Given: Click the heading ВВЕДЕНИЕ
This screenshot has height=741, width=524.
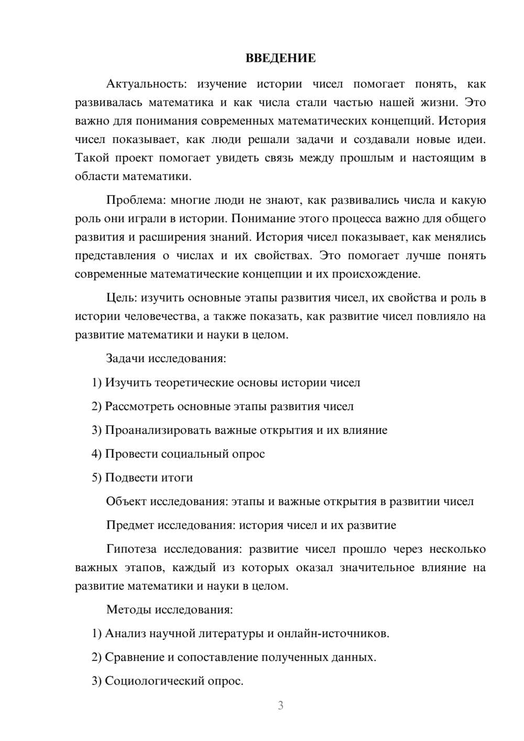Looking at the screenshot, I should point(280,58).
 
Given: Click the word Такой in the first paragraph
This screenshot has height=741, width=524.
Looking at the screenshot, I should point(91,158).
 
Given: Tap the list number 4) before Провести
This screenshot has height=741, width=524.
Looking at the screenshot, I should point(96,454).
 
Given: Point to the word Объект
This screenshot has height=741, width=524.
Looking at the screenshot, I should point(126,502).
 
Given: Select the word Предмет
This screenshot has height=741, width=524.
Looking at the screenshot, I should point(130,525).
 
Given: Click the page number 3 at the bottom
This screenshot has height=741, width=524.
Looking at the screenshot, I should point(280,705).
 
